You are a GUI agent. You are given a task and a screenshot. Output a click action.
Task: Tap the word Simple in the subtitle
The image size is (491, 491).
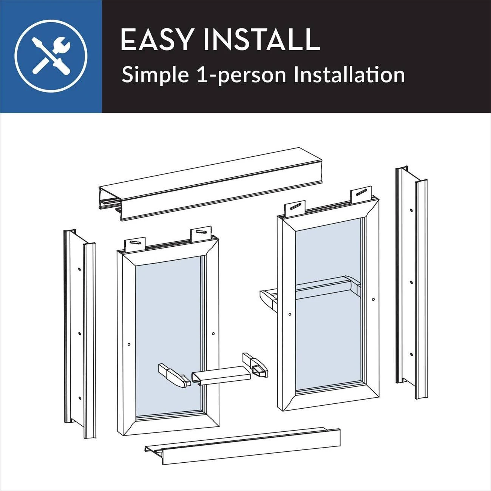tap(155, 75)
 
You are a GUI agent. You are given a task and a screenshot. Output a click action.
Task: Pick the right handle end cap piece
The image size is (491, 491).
tap(255, 365)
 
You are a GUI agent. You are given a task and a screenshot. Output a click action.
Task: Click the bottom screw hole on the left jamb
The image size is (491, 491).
tap(79, 398)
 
